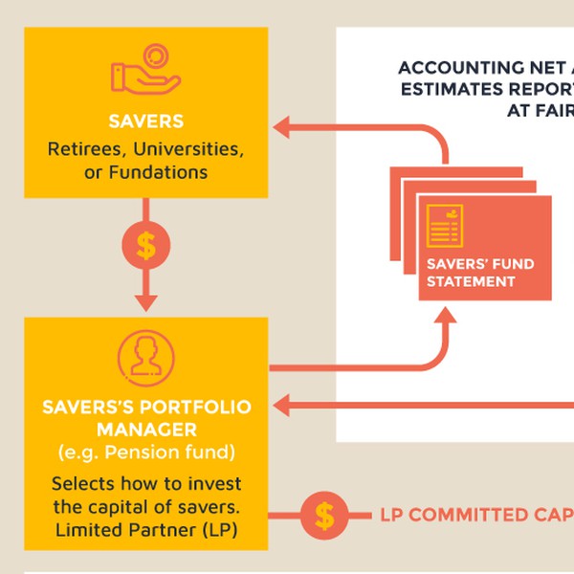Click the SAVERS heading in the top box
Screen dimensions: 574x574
tap(145, 122)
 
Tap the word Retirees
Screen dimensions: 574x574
tap(86, 149)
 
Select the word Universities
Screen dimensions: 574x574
tap(188, 149)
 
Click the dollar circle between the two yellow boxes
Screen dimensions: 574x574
tap(145, 246)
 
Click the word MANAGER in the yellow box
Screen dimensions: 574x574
tap(145, 430)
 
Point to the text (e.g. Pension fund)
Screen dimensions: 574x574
tap(145, 452)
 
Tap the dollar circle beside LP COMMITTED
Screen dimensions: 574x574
tap(324, 517)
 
